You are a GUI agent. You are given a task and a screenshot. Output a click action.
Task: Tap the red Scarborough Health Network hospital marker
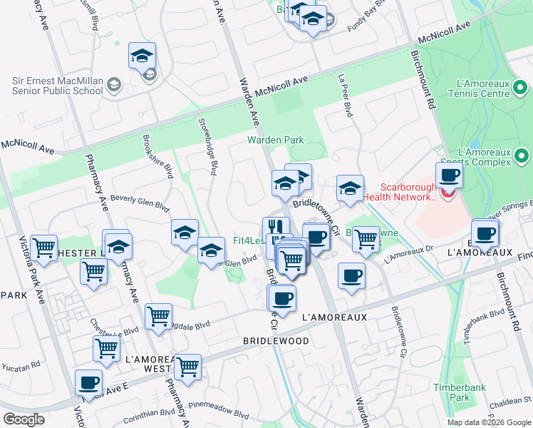(x=447, y=193)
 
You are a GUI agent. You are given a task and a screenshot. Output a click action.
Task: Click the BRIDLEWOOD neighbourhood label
(x=276, y=341)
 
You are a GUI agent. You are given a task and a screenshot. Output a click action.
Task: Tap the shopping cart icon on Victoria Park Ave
(x=43, y=248)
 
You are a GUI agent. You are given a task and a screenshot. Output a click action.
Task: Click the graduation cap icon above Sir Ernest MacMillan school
(x=142, y=55)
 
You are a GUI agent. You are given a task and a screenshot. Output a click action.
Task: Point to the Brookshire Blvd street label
(x=157, y=156)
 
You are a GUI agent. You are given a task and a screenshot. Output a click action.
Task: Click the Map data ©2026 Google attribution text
(x=488, y=422)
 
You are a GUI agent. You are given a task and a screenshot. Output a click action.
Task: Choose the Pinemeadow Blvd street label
(x=219, y=414)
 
